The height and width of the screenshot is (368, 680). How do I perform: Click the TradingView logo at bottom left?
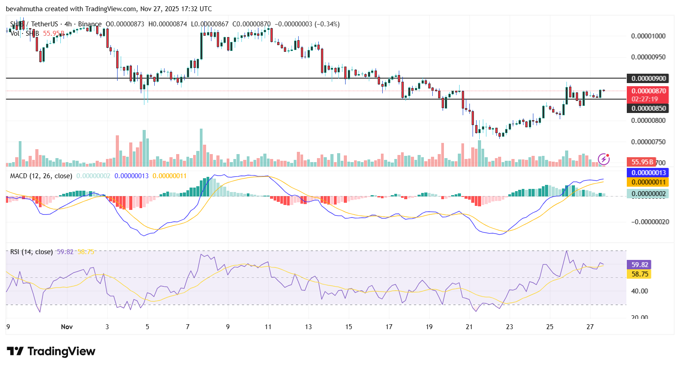pos(51,351)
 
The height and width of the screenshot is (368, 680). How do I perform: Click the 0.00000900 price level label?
pos(648,79)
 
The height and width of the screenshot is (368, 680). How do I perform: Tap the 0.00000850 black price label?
pos(648,108)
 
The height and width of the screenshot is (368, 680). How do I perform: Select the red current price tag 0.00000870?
pos(648,91)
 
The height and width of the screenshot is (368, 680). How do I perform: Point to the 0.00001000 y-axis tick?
pos(648,36)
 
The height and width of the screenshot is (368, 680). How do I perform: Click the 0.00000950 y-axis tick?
pos(648,57)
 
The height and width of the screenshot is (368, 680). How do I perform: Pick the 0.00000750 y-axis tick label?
pos(648,142)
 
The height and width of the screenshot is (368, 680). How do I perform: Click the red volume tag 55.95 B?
pos(642,162)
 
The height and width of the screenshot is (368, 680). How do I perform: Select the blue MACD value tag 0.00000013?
pos(648,173)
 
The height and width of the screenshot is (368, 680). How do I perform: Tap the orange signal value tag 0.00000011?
pos(648,182)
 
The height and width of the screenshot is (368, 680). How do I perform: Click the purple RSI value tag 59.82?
pos(639,265)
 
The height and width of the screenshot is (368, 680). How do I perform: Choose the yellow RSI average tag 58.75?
pos(639,274)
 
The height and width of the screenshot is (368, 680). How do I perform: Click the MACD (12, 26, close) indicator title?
pos(41,176)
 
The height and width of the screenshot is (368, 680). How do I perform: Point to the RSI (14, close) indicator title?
pos(31,252)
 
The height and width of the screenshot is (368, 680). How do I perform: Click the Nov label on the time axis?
pos(67,327)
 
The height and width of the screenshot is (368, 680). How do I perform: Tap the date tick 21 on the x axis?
pos(469,327)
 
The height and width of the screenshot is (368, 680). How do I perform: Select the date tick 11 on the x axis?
pos(268,327)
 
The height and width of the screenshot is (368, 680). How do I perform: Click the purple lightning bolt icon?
pos(604,159)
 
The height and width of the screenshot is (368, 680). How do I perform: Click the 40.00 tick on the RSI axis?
pos(639,291)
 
